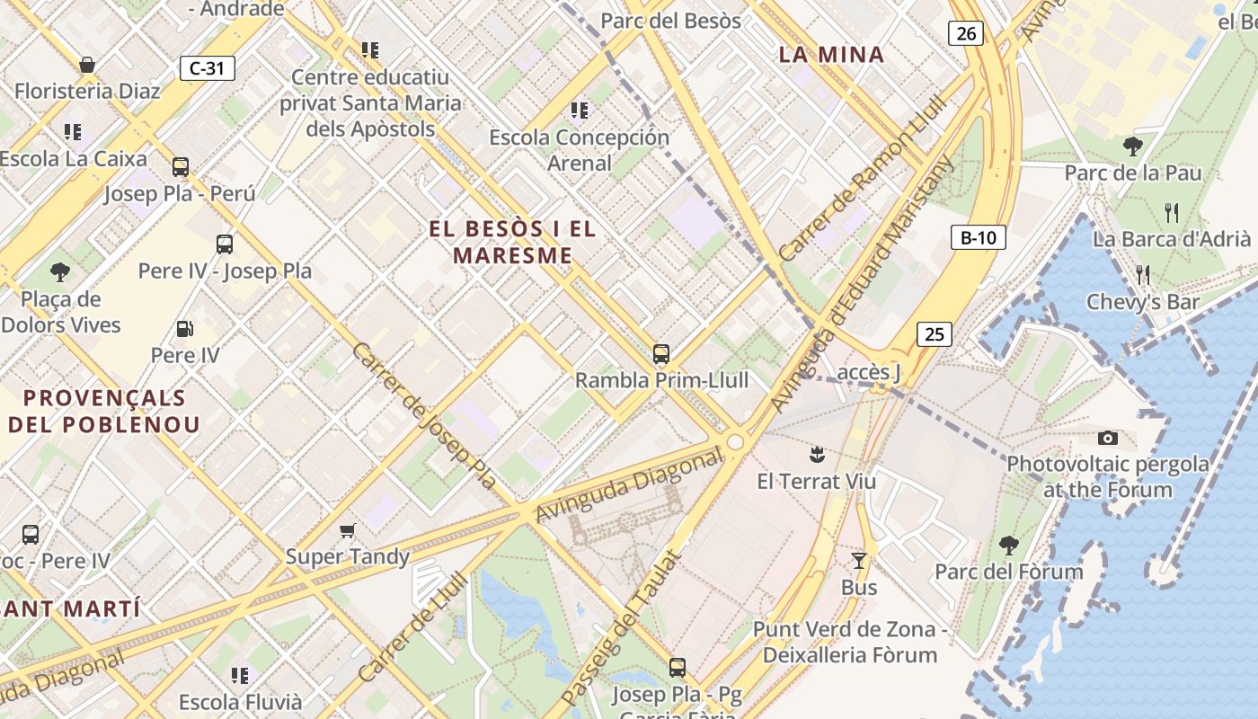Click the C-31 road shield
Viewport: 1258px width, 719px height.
pyautogui.click(x=208, y=68)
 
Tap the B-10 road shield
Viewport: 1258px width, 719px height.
pyautogui.click(x=978, y=238)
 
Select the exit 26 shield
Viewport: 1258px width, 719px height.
pyautogui.click(x=966, y=34)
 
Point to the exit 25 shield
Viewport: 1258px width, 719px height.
pyautogui.click(x=935, y=334)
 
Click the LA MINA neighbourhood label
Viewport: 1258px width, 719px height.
pyautogui.click(x=831, y=55)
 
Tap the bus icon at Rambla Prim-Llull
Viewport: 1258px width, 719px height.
pyautogui.click(x=661, y=353)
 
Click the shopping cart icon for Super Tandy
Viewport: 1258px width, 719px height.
pyautogui.click(x=347, y=531)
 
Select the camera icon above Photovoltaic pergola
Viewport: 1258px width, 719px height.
pyautogui.click(x=1108, y=438)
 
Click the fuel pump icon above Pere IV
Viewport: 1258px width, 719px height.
pyautogui.click(x=184, y=330)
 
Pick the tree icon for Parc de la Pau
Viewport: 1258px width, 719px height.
pyautogui.click(x=1132, y=146)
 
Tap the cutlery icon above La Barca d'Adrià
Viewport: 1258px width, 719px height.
pyautogui.click(x=1171, y=213)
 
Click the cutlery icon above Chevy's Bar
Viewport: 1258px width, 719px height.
pyautogui.click(x=1142, y=275)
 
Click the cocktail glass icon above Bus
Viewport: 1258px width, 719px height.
pyautogui.click(x=859, y=561)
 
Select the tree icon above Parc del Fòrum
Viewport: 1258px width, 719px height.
pyautogui.click(x=1008, y=545)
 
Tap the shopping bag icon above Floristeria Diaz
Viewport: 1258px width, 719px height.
pyautogui.click(x=87, y=65)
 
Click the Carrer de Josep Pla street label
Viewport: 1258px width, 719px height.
pyautogui.click(x=423, y=415)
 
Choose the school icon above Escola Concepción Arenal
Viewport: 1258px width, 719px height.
pyautogui.click(x=580, y=111)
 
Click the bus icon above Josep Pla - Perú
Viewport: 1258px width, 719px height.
pyautogui.click(x=181, y=167)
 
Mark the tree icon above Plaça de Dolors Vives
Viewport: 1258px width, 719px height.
pyautogui.click(x=60, y=271)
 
